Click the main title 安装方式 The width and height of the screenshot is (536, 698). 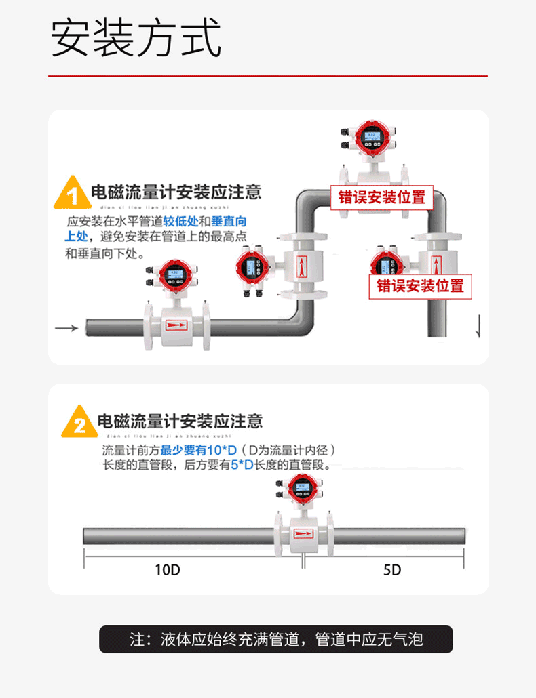point(136,39)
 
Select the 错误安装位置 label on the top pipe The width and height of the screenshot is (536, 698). point(382,197)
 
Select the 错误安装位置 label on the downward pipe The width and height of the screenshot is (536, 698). point(420,285)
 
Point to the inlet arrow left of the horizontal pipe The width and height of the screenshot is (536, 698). point(66,328)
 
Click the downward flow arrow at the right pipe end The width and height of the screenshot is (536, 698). point(479,326)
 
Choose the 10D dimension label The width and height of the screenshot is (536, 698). point(167,570)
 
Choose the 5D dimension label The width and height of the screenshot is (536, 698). point(392,570)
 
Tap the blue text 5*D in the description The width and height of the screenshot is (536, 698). point(242,465)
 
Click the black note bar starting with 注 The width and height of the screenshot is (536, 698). point(276,639)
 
